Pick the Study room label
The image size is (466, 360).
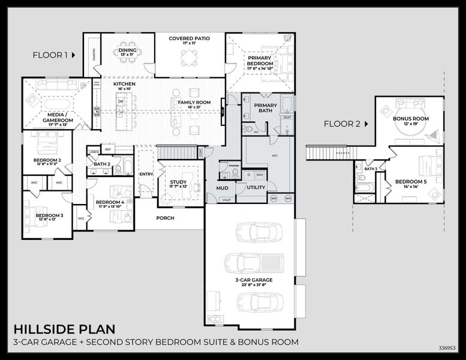[178, 183]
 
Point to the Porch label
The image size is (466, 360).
[165, 218]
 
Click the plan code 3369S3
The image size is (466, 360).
[447, 347]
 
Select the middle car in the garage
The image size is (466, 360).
[254, 262]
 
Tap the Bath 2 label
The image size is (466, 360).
[101, 164]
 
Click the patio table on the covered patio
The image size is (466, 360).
[189, 58]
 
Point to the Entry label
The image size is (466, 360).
[146, 174]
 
